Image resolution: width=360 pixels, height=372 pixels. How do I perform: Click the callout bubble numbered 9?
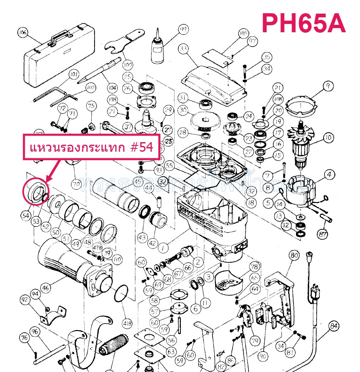(328, 86)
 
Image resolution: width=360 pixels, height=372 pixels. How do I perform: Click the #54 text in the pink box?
(142, 148)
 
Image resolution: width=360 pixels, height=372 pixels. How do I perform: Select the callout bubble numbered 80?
(294, 256)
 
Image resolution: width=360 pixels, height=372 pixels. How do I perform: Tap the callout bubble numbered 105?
(243, 33)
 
